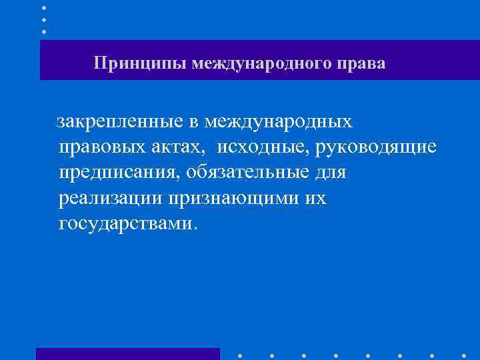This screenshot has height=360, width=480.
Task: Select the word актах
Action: pos(175,147)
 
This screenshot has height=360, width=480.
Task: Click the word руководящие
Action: pos(379,147)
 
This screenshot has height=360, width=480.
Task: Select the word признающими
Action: pos(234,198)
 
